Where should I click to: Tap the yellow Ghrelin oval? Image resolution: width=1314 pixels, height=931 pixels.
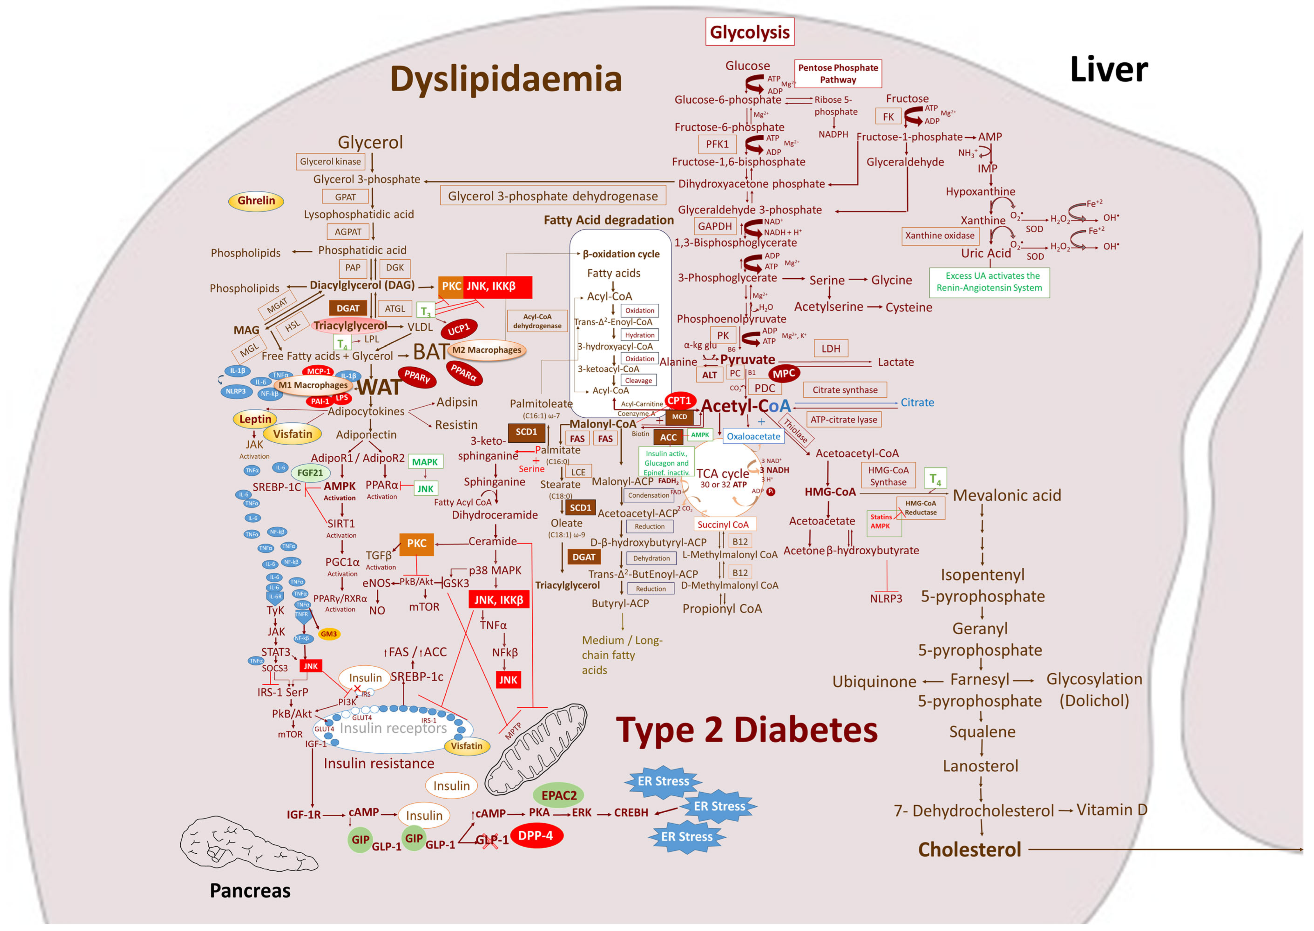click(x=256, y=201)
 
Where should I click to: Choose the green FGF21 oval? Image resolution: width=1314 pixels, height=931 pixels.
click(x=310, y=473)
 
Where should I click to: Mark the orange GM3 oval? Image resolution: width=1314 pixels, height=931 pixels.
click(x=328, y=634)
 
